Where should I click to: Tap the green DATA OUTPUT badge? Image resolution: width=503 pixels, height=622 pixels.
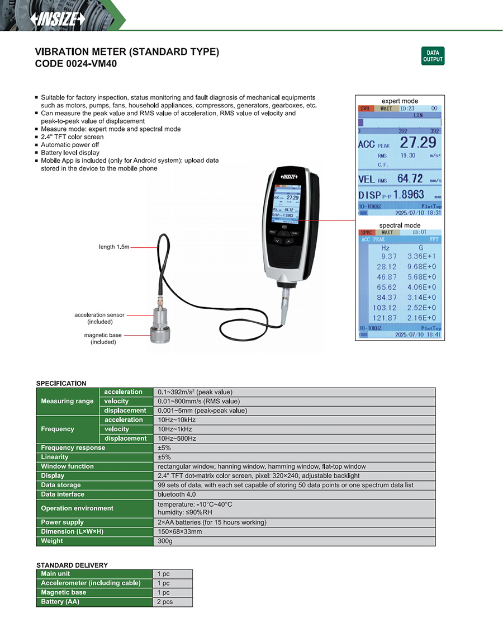click(433, 56)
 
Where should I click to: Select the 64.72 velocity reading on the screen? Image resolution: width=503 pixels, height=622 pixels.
click(410, 179)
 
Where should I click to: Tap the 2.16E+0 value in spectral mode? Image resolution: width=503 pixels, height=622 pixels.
click(422, 317)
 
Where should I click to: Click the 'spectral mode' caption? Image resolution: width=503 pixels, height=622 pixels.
click(399, 225)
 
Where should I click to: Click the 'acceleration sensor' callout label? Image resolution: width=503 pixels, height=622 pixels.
click(99, 315)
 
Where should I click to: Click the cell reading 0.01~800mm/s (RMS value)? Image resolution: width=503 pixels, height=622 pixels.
click(199, 401)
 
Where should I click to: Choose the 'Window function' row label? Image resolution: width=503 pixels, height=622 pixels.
click(68, 466)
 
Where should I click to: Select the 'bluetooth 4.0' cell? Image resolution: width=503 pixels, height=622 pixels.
click(177, 494)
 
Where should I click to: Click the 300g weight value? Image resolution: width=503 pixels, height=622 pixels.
click(165, 541)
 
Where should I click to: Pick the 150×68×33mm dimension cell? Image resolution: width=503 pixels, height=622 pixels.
click(180, 531)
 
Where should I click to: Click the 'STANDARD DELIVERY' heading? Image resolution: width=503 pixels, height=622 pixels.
click(72, 565)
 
